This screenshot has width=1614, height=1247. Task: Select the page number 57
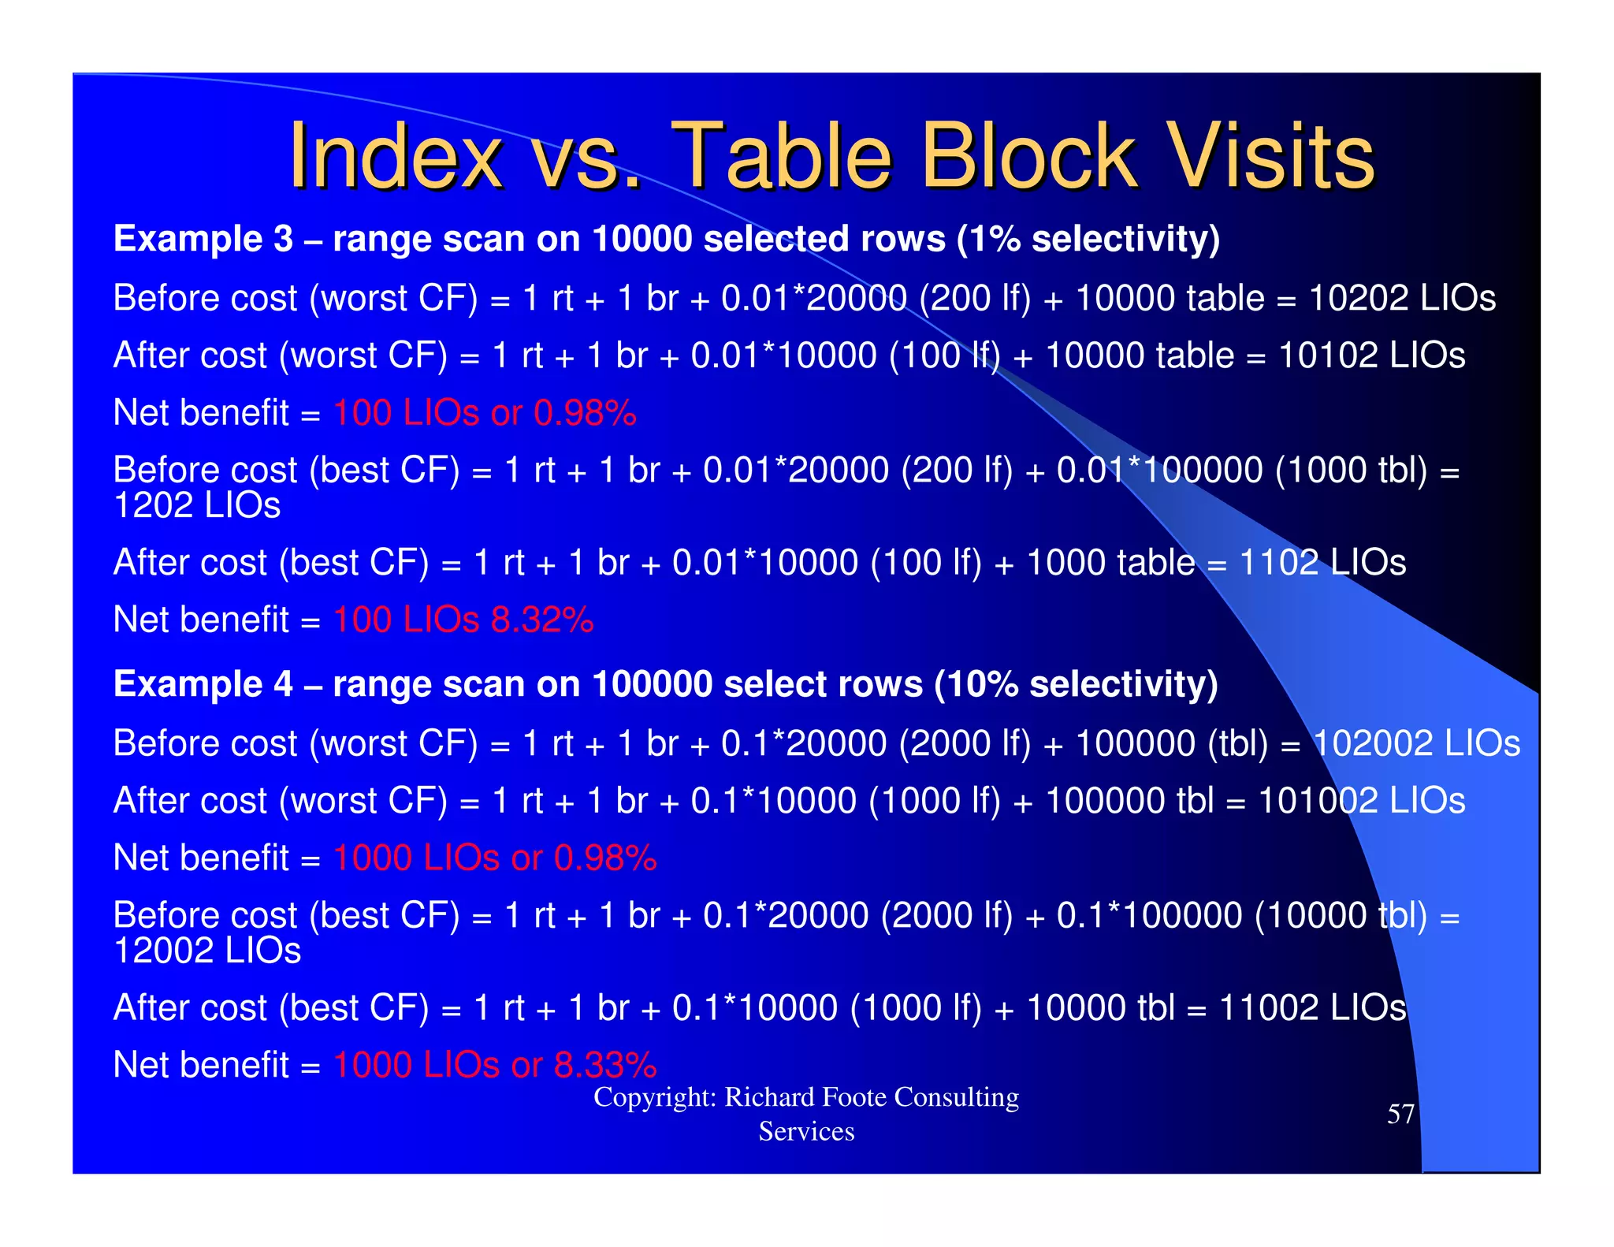1400,1114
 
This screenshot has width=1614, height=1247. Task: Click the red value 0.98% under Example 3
584,413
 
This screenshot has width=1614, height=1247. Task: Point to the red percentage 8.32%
541,620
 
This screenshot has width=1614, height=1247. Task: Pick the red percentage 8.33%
604,1065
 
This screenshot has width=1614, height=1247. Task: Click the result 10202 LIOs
1401,298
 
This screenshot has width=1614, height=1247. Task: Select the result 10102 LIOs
1370,355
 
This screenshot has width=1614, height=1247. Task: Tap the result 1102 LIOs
1322,563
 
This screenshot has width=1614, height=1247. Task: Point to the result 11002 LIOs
1311,1008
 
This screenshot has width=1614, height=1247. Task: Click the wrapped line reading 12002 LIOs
206,951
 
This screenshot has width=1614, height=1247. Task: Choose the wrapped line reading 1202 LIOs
196,505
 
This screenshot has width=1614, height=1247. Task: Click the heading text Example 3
203,239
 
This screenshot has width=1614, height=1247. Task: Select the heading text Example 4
203,684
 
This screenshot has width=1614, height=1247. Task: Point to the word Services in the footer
805,1132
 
